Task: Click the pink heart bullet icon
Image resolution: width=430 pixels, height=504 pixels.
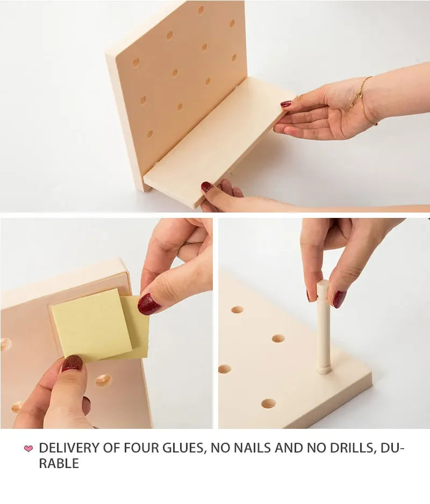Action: click(x=28, y=448)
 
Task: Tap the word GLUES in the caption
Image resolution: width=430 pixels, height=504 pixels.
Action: click(x=181, y=448)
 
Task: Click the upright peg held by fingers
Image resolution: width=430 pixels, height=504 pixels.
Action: click(x=322, y=327)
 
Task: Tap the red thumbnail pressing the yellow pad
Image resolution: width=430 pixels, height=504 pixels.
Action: click(x=72, y=363)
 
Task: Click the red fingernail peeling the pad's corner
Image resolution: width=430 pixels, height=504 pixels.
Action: click(x=148, y=304)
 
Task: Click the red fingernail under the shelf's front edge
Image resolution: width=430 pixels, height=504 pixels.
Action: click(x=207, y=187)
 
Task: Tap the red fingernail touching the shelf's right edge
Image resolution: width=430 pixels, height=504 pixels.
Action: click(x=286, y=104)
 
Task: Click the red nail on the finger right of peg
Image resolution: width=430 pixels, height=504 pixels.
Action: click(x=339, y=298)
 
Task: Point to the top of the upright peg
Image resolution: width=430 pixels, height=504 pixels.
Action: click(x=322, y=284)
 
